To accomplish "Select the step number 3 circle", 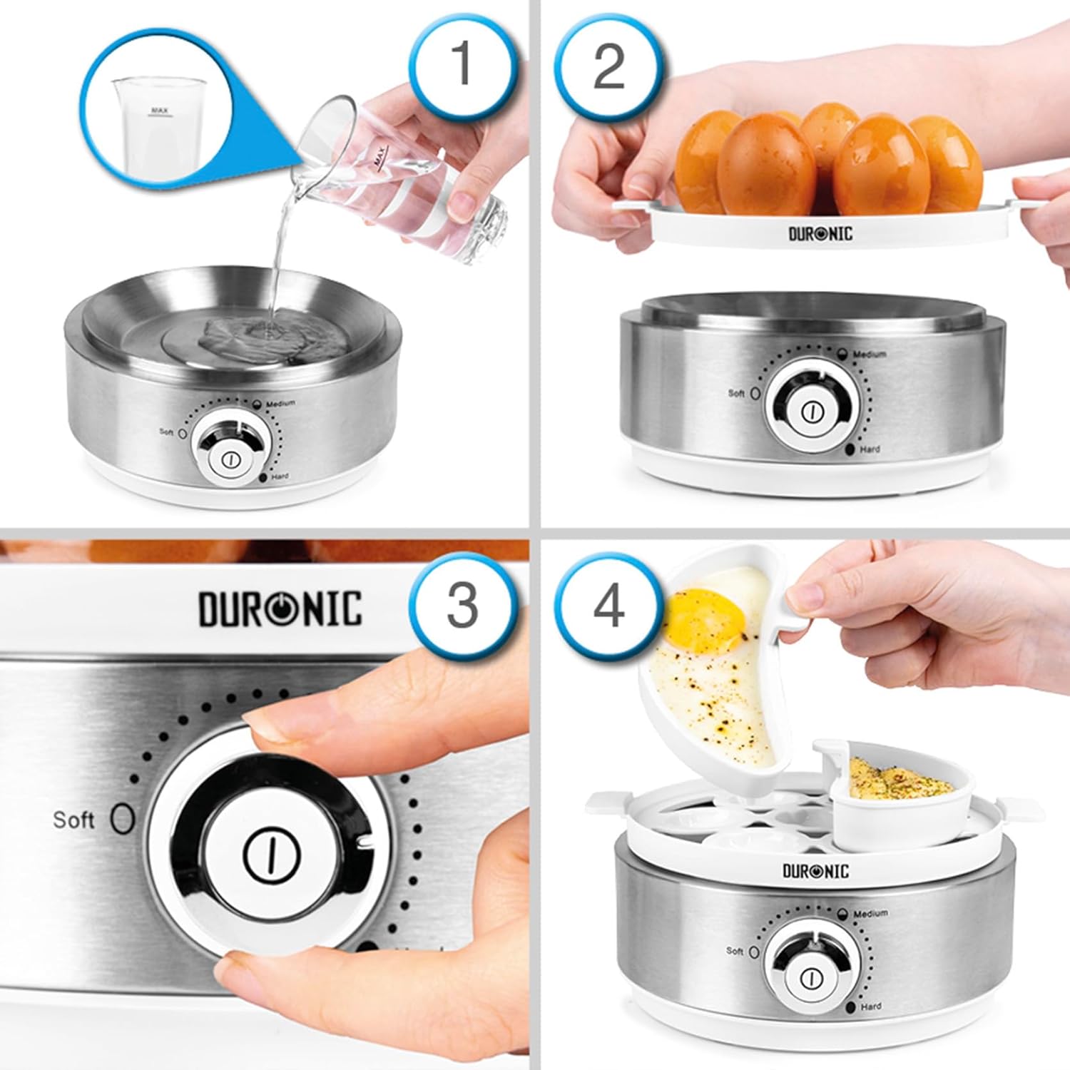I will [x=462, y=605].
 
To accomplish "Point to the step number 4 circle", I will [x=608, y=606].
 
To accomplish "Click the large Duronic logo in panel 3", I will [x=280, y=608].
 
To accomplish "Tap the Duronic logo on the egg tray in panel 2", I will [x=820, y=233].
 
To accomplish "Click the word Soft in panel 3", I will [x=73, y=820].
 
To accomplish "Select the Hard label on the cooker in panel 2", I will [x=870, y=449].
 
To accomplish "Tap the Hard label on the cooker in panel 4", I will [x=870, y=1007].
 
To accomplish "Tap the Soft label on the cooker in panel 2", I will [x=736, y=393].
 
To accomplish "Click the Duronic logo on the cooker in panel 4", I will [x=816, y=871].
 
